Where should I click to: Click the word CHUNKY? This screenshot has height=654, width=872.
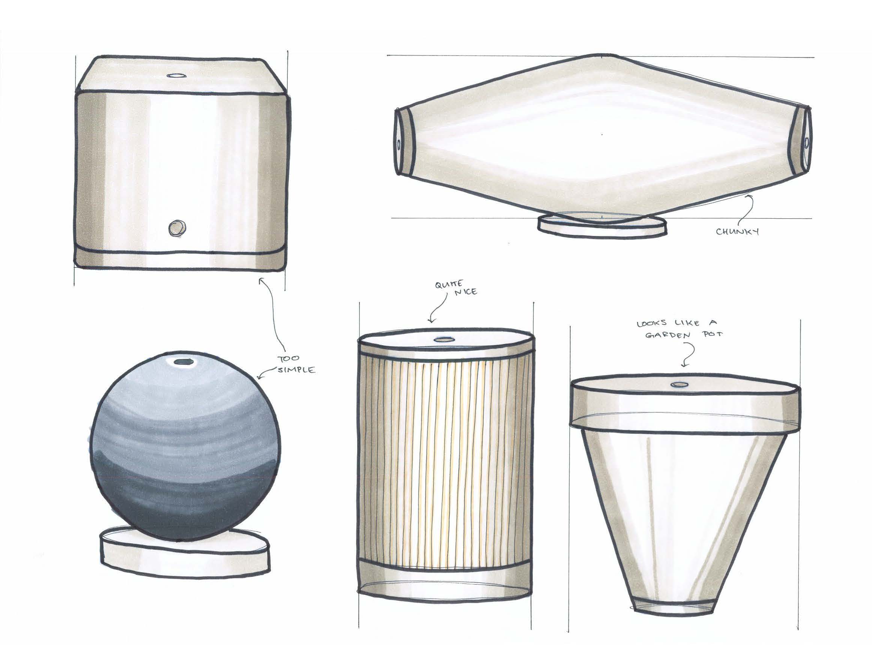pyautogui.click(x=737, y=232)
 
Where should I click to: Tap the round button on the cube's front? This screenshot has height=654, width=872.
pyautogui.click(x=177, y=227)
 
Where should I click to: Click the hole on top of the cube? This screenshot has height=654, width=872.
pyautogui.click(x=173, y=75)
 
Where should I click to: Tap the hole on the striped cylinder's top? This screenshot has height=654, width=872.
pyautogui.click(x=443, y=339)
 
